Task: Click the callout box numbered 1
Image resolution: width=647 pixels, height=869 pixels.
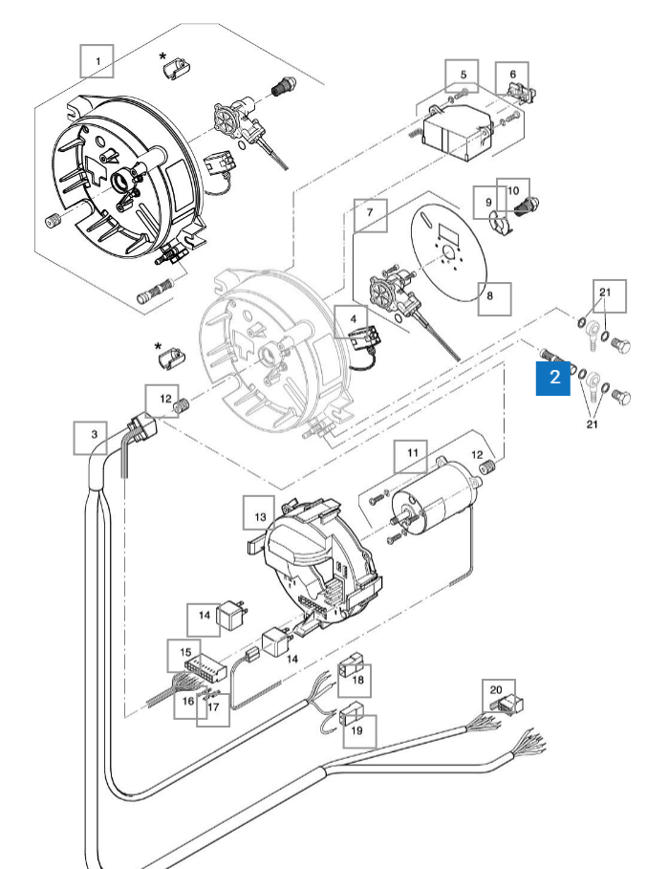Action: pyautogui.click(x=97, y=61)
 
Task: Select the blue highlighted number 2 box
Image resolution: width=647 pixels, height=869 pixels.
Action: pyautogui.click(x=554, y=379)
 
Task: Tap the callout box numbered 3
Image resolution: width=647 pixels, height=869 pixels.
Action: pyautogui.click(x=93, y=436)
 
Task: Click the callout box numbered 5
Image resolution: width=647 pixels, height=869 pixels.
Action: pyautogui.click(x=463, y=75)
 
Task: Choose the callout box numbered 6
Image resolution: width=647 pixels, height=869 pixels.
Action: pyautogui.click(x=512, y=75)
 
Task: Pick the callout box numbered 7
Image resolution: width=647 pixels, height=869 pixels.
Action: pyautogui.click(x=370, y=216)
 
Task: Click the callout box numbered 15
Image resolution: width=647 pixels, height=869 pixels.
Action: pyautogui.click(x=185, y=655)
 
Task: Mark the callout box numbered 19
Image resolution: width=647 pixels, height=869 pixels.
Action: pyautogui.click(x=358, y=731)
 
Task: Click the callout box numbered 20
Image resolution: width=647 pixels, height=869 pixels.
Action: pyautogui.click(x=495, y=690)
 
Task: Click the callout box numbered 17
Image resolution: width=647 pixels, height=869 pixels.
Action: pyautogui.click(x=213, y=708)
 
